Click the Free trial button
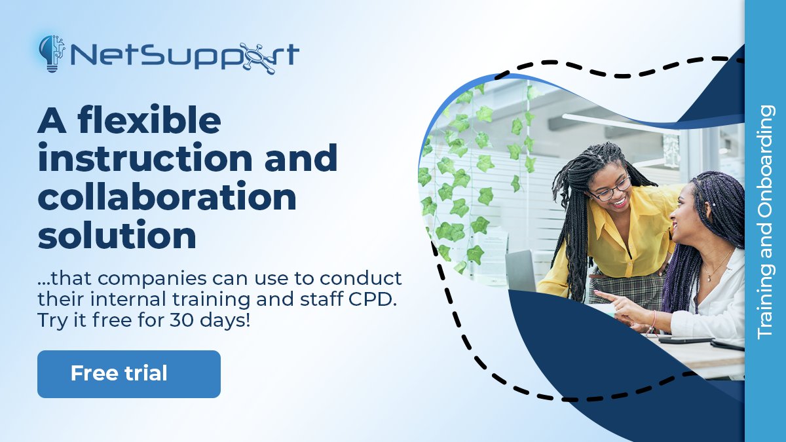128,374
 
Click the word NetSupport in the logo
183,56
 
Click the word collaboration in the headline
167,197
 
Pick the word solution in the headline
117,235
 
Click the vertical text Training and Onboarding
765,223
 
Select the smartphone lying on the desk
684,340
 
